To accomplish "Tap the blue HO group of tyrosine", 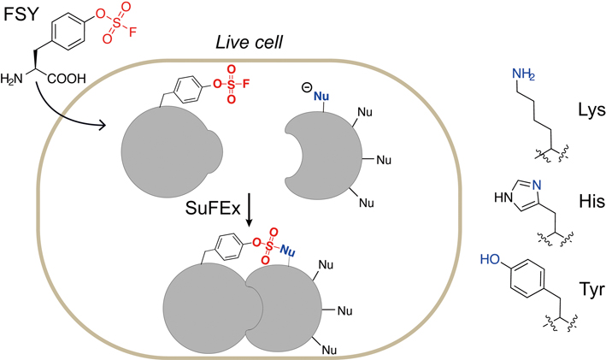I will (492, 257).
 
